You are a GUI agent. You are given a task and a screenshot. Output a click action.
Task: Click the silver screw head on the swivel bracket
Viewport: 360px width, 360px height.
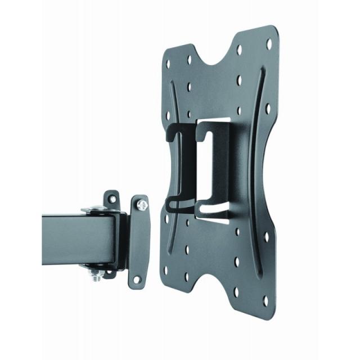pos(142,204)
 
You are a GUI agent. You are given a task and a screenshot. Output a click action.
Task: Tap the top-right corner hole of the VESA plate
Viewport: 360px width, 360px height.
pos(268,43)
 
